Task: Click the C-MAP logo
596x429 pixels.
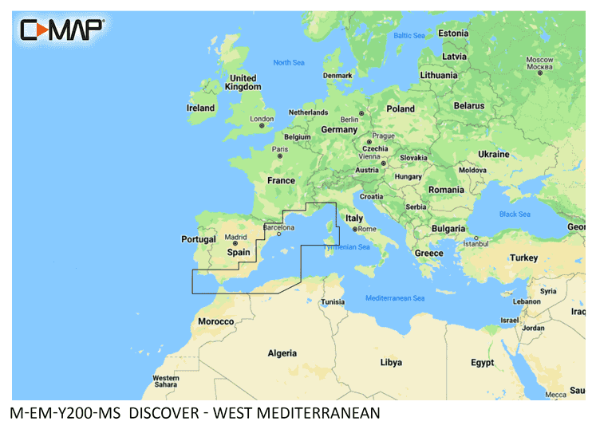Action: pos(61,30)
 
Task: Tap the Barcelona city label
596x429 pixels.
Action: pos(279,227)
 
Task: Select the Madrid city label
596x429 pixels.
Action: pos(235,237)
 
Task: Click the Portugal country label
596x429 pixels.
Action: pos(199,239)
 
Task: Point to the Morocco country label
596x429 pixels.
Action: pos(216,321)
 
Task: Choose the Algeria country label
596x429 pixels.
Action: pos(282,353)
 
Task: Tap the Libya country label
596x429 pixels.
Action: pos(391,362)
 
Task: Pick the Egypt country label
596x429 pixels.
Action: pos(482,363)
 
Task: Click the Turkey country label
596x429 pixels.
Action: pos(524,258)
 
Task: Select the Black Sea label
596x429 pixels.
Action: pos(515,214)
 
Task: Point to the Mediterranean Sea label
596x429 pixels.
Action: pos(395,297)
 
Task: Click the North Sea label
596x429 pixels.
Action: pos(289,62)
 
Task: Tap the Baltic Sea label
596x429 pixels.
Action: pos(409,35)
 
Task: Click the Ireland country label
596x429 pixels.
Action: pos(200,108)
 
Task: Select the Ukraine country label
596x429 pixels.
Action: pos(493,154)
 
